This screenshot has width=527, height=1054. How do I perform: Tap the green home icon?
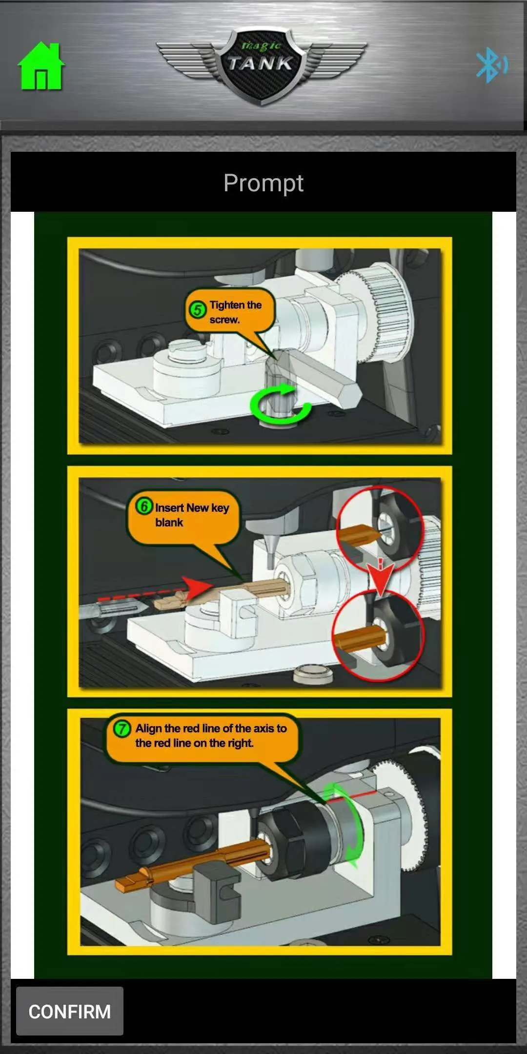pyautogui.click(x=41, y=66)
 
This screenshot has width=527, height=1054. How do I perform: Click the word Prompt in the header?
pyautogui.click(x=263, y=183)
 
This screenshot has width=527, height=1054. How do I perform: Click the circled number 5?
pyautogui.click(x=198, y=309)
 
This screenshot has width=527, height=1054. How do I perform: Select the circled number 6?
pyautogui.click(x=144, y=507)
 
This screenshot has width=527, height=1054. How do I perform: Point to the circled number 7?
pyautogui.click(x=122, y=729)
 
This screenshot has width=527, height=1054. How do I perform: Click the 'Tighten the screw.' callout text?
pyautogui.click(x=236, y=312)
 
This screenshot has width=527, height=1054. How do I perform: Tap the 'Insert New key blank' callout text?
pyautogui.click(x=192, y=515)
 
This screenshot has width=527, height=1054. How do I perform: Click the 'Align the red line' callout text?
pyautogui.click(x=211, y=736)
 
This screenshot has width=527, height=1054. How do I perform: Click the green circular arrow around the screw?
pyautogui.click(x=280, y=404)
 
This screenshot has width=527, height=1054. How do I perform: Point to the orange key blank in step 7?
pyautogui.click(x=193, y=864)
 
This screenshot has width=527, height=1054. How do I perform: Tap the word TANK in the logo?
pyautogui.click(x=261, y=63)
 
